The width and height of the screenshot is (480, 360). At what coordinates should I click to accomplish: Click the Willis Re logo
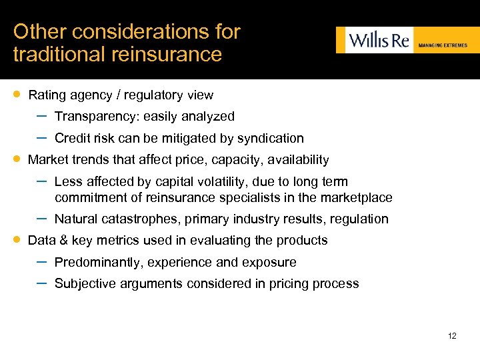375,39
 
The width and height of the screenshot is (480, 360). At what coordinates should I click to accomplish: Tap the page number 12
452,335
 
